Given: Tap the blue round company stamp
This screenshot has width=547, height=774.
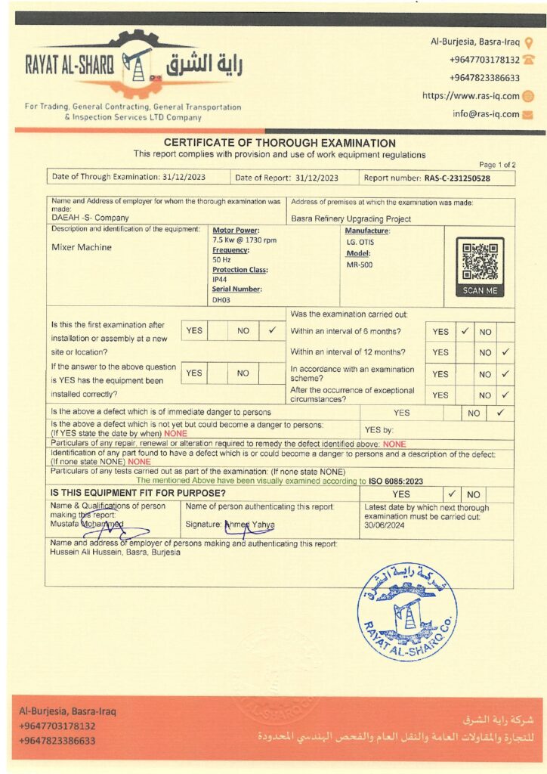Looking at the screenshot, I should (407, 612).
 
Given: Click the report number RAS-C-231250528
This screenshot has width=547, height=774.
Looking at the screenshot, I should (457, 178).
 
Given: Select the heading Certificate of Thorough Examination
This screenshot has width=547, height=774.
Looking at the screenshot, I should (280, 143).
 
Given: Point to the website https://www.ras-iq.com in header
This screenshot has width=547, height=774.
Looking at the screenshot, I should (471, 96).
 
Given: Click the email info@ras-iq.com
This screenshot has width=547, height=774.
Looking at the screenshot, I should (486, 114).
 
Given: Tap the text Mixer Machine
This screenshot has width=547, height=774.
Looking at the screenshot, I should (82, 247).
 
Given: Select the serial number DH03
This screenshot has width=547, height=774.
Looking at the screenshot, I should (221, 299).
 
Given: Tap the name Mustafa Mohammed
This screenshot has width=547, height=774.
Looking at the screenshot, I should (87, 524).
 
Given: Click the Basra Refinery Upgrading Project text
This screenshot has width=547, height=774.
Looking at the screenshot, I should (351, 219).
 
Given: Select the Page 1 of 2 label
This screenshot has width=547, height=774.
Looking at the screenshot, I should (497, 165).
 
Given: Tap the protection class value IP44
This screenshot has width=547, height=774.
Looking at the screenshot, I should (219, 279).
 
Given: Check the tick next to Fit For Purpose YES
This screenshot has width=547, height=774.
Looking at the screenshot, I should (452, 494).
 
